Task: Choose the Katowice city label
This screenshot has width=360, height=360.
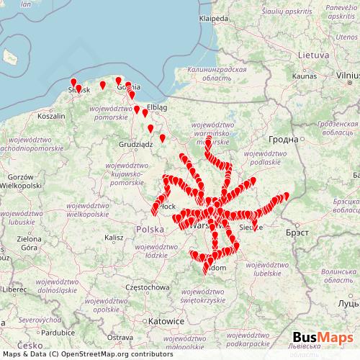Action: [166, 321]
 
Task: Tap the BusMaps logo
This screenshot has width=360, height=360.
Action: [322, 338]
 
